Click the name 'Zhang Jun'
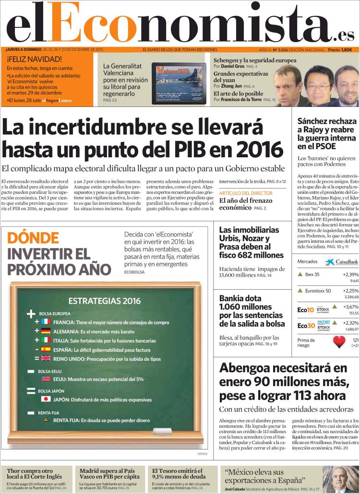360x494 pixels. click(x=231, y=86)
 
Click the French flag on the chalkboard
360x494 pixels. click(x=46, y=322)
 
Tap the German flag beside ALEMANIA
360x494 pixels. click(x=46, y=331)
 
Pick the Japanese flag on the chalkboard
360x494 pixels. click(x=46, y=399)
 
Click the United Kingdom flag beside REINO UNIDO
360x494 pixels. click(x=46, y=358)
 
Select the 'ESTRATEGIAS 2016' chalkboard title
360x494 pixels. click(x=105, y=301)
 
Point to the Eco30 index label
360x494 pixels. click(x=306, y=326)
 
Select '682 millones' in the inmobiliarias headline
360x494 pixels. click(x=258, y=255)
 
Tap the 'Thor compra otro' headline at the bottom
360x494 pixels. click(x=29, y=471)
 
